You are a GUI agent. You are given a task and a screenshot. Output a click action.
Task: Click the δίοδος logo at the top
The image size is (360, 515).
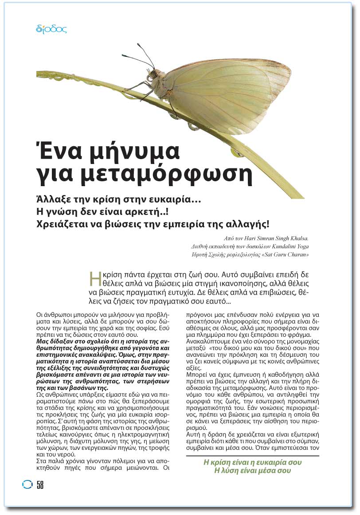point(51,30)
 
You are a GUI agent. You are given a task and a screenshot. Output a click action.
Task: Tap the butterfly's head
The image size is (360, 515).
point(153,75)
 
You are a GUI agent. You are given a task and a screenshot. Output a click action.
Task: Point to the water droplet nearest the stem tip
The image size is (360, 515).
point(237,152)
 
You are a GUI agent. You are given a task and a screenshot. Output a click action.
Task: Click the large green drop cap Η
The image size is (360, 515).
point(94,277)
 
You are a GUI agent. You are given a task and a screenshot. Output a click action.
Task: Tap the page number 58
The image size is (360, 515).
point(40,485)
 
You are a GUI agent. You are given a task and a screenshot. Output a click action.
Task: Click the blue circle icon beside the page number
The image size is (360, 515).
point(27,485)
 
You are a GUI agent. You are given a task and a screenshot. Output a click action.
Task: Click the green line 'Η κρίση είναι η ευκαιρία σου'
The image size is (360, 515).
point(252,462)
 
